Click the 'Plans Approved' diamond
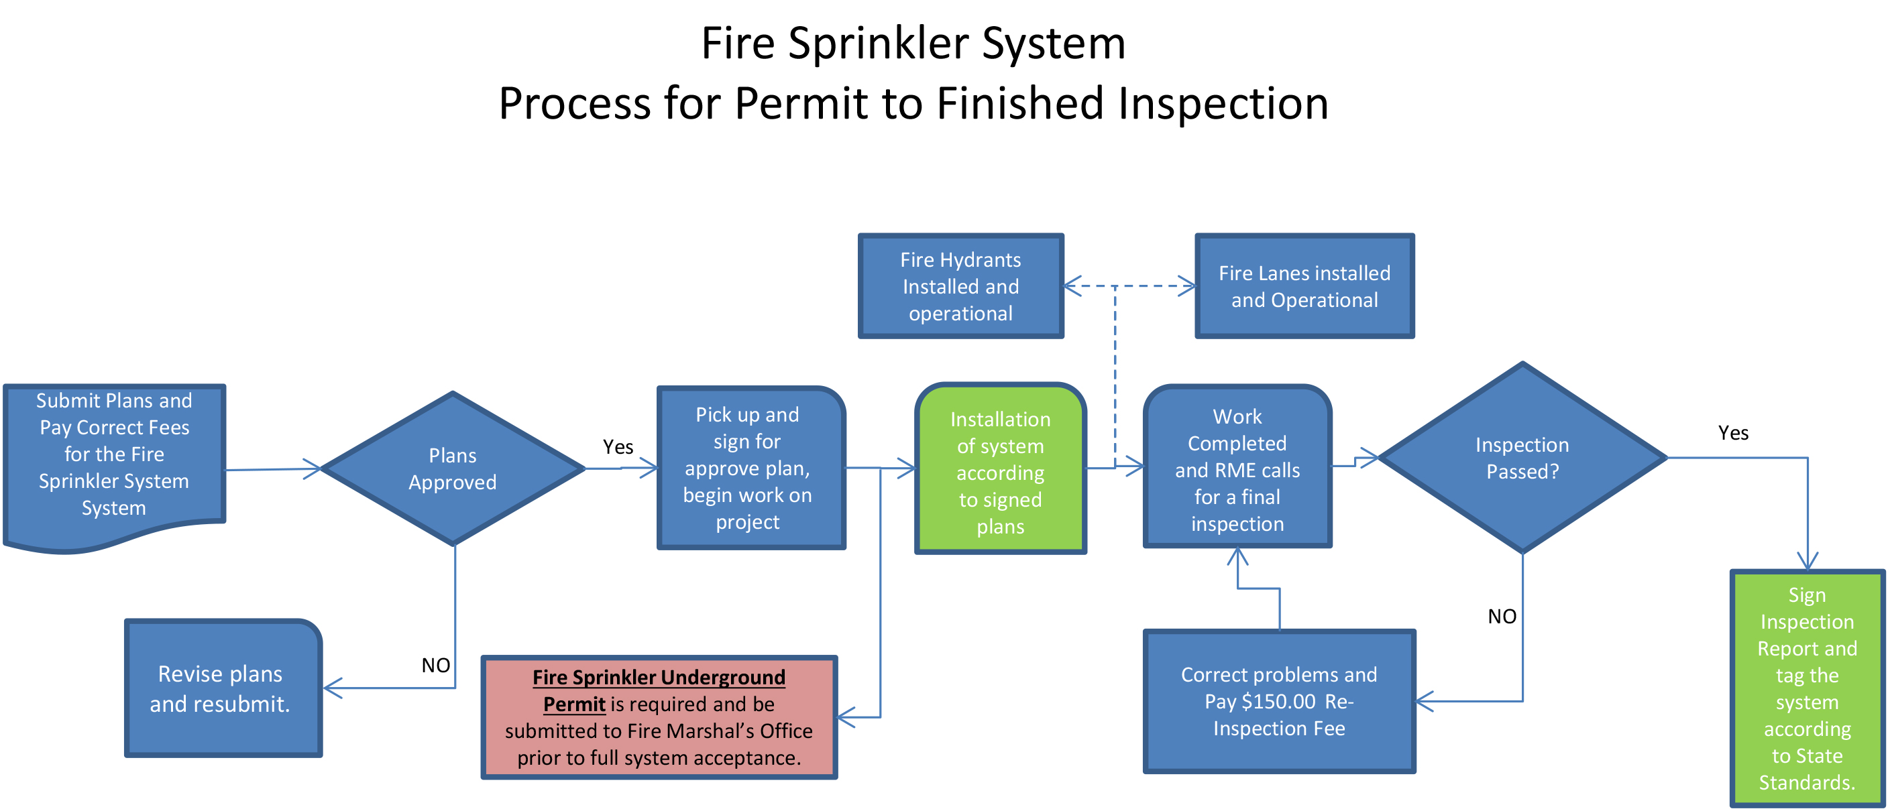453,469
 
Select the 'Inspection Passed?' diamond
1522,458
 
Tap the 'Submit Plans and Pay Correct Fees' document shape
114,455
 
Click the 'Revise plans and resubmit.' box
222,688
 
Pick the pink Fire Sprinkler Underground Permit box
659,717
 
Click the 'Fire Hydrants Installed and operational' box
960,286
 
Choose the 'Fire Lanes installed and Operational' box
1304,286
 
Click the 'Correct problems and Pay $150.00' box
1279,701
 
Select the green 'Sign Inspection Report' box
1806,688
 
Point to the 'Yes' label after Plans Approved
618,447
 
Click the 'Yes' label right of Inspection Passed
1732,433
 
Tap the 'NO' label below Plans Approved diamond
435,665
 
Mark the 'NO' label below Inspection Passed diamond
1502,617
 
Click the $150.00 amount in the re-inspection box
1277,702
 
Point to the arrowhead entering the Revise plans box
331,688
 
